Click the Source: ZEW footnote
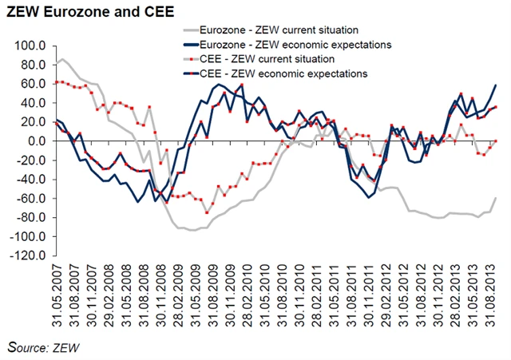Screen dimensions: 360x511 point(43,347)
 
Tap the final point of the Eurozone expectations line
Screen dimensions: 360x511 point(497,85)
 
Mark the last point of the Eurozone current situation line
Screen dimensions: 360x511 point(497,197)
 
